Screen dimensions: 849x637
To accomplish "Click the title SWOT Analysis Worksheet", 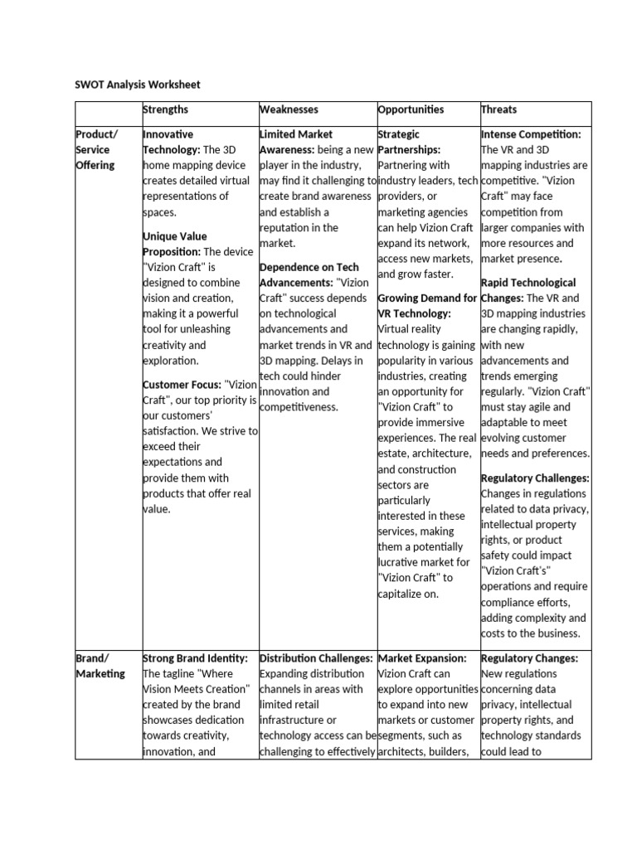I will click(137, 85).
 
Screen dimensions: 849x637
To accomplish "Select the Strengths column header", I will click(166, 109).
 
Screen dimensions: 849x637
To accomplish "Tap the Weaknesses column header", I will click(289, 109).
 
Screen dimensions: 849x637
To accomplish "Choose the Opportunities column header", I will click(411, 109).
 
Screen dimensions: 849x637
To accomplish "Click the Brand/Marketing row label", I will click(100, 666).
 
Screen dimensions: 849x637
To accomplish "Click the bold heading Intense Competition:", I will click(531, 133).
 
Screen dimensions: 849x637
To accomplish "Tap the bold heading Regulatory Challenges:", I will click(535, 478).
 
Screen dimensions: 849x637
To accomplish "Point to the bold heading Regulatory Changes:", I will click(529, 657).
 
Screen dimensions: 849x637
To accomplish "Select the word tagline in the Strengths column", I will click(182, 673).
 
